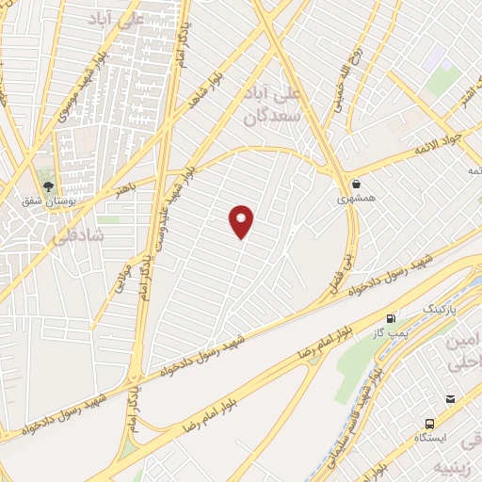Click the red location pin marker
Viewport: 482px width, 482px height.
(242, 220)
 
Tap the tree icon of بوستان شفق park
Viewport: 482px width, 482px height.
(47, 185)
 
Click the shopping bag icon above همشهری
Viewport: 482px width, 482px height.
(357, 184)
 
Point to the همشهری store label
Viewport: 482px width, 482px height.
(357, 200)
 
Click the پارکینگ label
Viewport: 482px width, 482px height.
(436, 309)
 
